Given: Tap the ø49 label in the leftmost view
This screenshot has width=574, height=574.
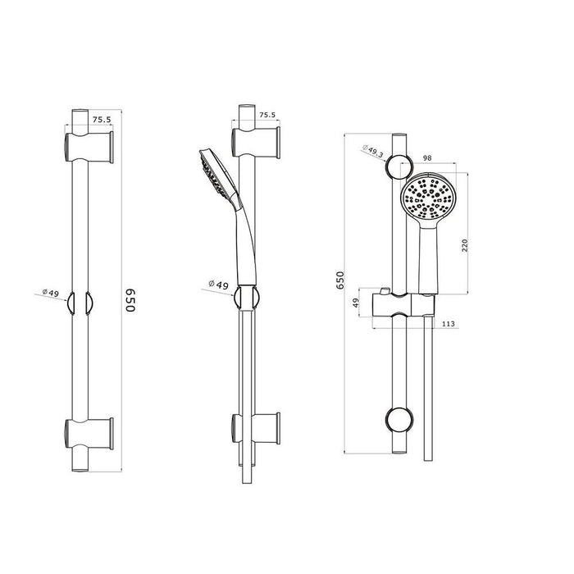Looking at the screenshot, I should click(52, 292).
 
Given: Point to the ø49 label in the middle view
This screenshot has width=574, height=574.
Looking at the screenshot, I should click(217, 284).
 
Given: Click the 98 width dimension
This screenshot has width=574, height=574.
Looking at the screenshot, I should click(427, 157).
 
